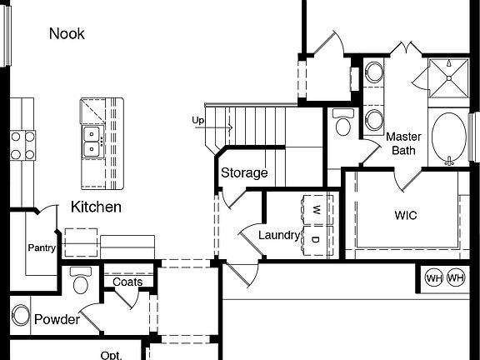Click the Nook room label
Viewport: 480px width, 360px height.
pos(67,33)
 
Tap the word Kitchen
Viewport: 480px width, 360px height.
pos(96,207)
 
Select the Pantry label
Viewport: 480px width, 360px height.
pos(41,247)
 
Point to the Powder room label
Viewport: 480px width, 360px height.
pos(57,320)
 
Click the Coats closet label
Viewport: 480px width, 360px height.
pos(127,282)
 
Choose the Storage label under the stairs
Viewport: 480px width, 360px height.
pos(244,173)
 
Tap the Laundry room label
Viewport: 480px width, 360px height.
pos(278,235)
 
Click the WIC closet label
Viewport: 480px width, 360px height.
pos(406,215)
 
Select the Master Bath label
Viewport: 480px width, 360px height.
pos(403,143)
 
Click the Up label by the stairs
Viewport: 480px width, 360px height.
pos(198,121)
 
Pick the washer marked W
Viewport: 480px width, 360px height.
pos(317,210)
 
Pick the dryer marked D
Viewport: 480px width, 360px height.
pos(317,240)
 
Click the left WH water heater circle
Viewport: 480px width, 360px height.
pos(433,277)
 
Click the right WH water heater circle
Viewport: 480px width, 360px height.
pos(455,277)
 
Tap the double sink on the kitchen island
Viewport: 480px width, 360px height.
pos(92,142)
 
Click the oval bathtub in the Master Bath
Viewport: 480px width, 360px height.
pos(451,137)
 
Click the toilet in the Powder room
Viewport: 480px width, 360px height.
pos(81,282)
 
